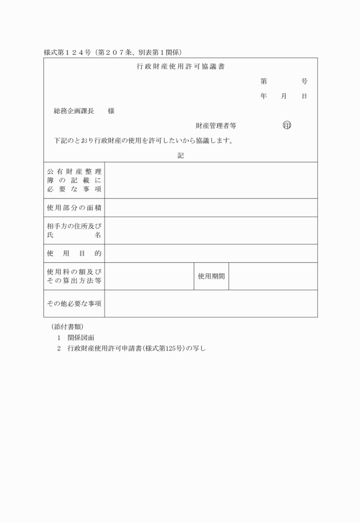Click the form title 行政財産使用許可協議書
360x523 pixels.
pyautogui.click(x=181, y=67)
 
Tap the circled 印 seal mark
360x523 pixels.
pyautogui.click(x=287, y=125)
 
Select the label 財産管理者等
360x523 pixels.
pyautogui.click(x=215, y=125)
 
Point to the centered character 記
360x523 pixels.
pyautogui.click(x=181, y=155)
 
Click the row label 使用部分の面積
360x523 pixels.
pyautogui.click(x=74, y=207)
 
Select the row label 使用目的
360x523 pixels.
pyautogui.click(x=74, y=253)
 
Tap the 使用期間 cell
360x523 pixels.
pyautogui.click(x=211, y=276)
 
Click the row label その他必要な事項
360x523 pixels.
pyautogui.click(x=74, y=304)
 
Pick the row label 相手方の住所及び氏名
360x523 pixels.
pyautogui.click(x=74, y=230)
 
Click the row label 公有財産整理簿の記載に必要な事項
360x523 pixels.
pyautogui.click(x=74, y=180)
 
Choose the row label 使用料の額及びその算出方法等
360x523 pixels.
pyautogui.click(x=74, y=276)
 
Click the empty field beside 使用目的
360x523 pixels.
pyautogui.click(x=211, y=253)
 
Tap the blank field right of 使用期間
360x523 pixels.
pyautogui.click(x=273, y=276)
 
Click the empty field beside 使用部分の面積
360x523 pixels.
pyautogui.click(x=211, y=207)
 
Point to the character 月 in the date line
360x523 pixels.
pyautogui.click(x=283, y=97)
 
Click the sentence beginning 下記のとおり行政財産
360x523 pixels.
pyautogui.click(x=143, y=141)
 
